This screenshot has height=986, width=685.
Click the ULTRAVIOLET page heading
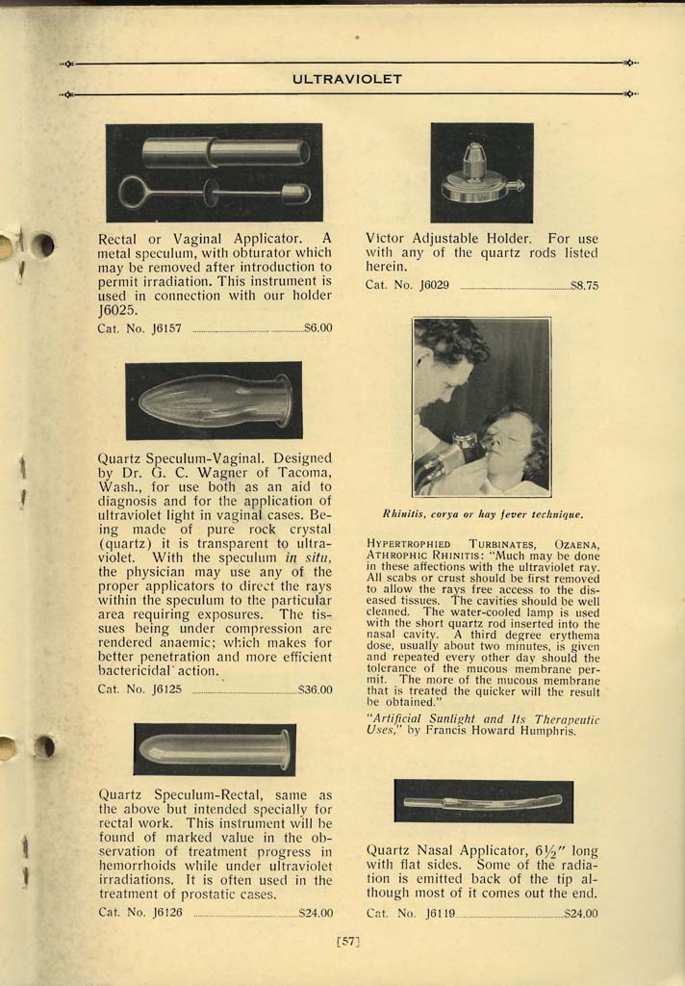point(347,79)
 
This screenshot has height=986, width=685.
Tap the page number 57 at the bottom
point(347,941)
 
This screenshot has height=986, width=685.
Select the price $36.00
point(315,689)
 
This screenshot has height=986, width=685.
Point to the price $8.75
point(584,285)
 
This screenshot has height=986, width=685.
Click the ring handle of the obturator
point(135,193)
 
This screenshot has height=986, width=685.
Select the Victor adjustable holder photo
point(481,172)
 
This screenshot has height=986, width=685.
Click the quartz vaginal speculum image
point(214,401)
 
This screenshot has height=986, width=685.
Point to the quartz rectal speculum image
point(214,749)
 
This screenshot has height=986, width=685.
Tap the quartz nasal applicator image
point(483,801)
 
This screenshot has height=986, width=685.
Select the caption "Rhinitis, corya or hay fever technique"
point(482,514)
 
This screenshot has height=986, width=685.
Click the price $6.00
point(317,328)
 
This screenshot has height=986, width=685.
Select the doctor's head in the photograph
point(444,366)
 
